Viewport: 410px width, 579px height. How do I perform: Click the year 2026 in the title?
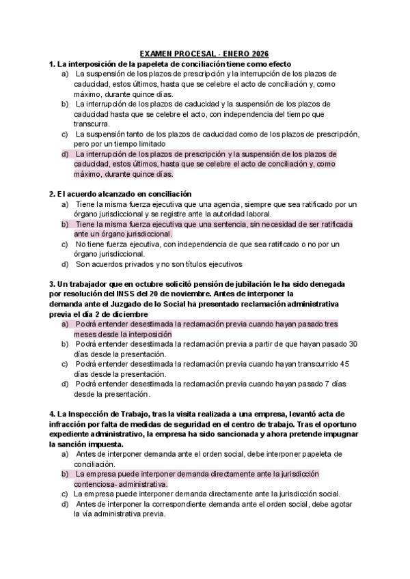pyautogui.click(x=259, y=53)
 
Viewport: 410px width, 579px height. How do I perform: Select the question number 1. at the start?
pyautogui.click(x=53, y=63)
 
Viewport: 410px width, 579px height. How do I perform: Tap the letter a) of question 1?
pyautogui.click(x=65, y=73)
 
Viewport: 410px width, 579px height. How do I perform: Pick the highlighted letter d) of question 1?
pyautogui.click(x=65, y=154)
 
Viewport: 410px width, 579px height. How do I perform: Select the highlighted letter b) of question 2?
pyautogui.click(x=65, y=224)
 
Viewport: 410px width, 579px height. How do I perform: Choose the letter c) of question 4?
pyautogui.click(x=65, y=494)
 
